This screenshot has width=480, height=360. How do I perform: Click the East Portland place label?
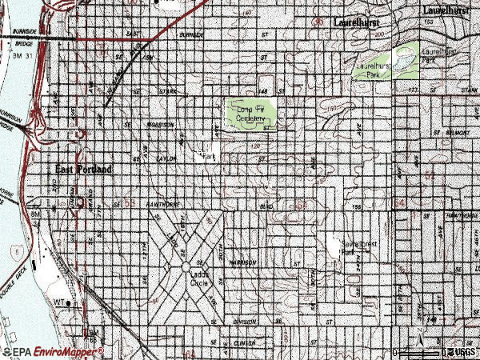[x=84, y=169]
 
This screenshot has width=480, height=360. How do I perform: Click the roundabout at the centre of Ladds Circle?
[x=185, y=266]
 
